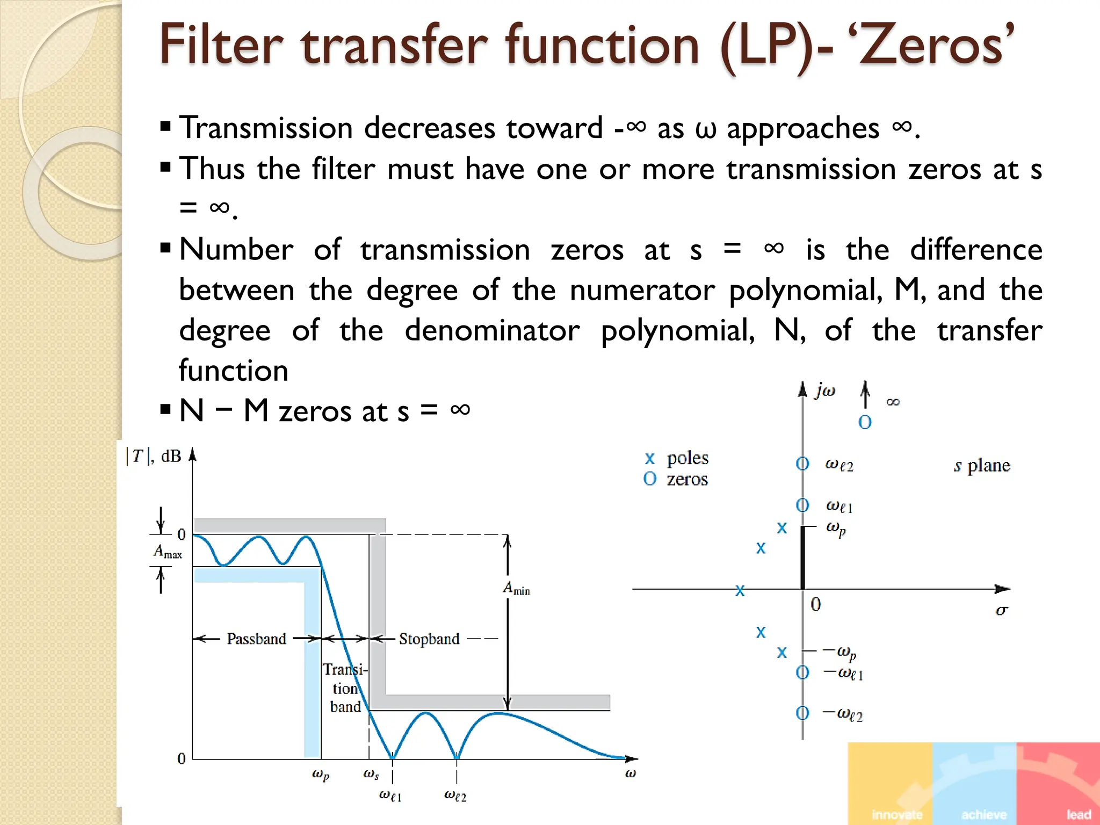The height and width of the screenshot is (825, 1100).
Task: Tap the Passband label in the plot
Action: [256, 639]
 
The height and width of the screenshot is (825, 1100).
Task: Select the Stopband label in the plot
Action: [429, 639]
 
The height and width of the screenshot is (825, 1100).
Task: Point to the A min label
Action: [516, 589]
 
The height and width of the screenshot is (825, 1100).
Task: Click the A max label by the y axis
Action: [168, 552]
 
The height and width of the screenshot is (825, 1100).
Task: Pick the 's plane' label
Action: [982, 465]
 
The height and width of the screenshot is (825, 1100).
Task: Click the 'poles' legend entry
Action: [687, 458]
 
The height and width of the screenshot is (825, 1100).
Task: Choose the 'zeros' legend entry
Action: [687, 479]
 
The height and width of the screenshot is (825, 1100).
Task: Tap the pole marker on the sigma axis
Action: [740, 591]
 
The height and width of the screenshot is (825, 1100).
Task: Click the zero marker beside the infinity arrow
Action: [865, 422]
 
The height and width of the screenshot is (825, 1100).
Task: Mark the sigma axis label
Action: [1001, 610]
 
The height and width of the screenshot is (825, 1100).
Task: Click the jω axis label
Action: [824, 390]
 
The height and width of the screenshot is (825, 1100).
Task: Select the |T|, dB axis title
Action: [154, 456]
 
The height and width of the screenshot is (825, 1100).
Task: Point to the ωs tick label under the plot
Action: [371, 774]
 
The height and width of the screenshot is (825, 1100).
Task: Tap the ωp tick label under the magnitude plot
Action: [321, 774]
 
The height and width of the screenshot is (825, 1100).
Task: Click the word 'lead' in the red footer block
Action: [1079, 814]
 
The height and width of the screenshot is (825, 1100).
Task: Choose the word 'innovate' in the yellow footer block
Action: [898, 814]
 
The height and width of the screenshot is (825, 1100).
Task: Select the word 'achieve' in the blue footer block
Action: [983, 814]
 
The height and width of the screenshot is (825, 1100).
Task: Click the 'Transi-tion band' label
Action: [345, 688]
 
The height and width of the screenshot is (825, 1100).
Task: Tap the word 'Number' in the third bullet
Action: [236, 250]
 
